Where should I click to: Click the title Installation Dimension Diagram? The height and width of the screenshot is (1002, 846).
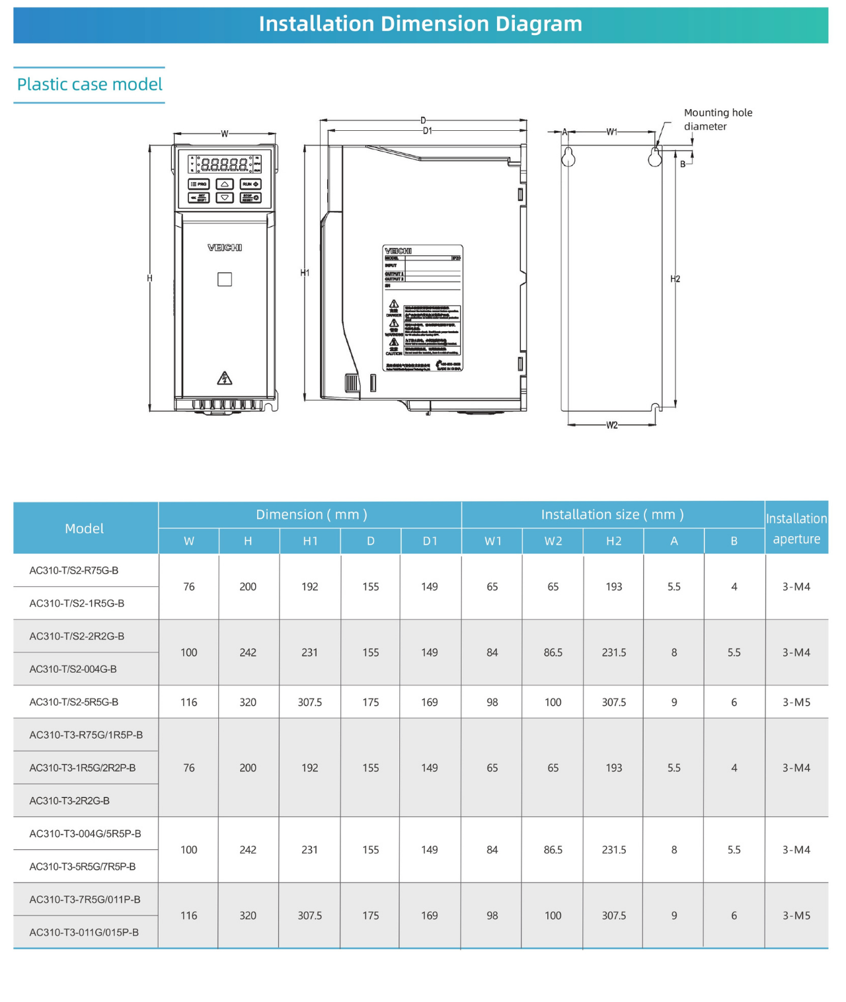420,24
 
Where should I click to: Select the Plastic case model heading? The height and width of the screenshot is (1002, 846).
89,85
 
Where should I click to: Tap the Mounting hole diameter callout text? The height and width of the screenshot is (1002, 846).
718,120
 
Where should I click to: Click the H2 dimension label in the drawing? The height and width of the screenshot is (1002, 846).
675,279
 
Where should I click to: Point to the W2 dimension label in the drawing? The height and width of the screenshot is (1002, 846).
612,425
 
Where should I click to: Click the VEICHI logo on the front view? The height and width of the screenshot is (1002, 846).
225,248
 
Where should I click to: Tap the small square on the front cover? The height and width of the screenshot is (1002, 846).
225,280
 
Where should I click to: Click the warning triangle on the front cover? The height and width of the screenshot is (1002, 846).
225,379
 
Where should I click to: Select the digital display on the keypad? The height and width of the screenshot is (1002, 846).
224,164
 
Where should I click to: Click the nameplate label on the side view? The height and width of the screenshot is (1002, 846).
422,308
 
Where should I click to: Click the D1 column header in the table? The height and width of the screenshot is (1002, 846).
430,541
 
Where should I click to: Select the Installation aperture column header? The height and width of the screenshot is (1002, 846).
796,529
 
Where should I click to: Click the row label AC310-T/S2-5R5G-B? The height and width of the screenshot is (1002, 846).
74,702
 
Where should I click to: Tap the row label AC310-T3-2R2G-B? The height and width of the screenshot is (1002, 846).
69,800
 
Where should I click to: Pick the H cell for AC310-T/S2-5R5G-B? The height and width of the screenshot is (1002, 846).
248,702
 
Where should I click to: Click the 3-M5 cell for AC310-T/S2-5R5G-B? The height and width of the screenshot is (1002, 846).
796,702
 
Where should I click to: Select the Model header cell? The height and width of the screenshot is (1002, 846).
85,529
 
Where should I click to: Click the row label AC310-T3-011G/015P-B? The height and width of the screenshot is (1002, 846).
84,933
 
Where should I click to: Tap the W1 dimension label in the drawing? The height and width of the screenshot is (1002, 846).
612,132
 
